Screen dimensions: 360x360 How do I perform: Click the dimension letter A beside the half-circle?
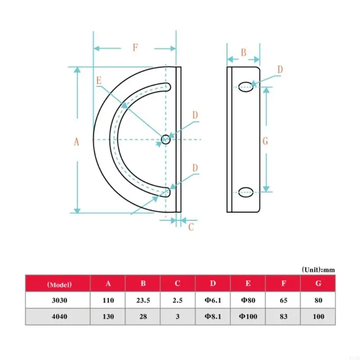[x=76, y=142]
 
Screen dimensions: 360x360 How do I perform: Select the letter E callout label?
[x=99, y=81]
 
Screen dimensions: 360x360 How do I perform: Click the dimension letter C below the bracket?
[x=191, y=227]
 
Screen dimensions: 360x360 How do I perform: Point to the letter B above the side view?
[x=243, y=52]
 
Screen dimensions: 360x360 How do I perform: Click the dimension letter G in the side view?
[x=265, y=141]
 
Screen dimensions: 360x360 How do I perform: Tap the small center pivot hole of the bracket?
[x=166, y=139]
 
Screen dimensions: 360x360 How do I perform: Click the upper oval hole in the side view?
[x=246, y=86]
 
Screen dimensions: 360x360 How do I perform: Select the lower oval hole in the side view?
[x=246, y=193]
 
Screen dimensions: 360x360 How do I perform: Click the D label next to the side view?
[x=280, y=70]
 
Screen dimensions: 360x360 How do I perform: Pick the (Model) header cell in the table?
[x=58, y=284]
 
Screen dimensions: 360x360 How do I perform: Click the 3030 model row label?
[x=58, y=300]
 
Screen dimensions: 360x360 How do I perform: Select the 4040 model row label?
[x=58, y=316]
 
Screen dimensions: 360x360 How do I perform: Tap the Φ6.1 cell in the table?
[x=213, y=300]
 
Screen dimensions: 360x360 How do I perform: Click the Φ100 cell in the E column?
[x=248, y=316]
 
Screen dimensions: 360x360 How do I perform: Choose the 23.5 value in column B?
[x=143, y=300]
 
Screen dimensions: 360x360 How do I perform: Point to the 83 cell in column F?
[x=283, y=316]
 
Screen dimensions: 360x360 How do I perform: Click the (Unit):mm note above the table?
[x=318, y=270]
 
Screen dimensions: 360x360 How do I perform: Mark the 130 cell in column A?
[x=108, y=316]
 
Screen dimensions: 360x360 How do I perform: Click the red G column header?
[x=318, y=284]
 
